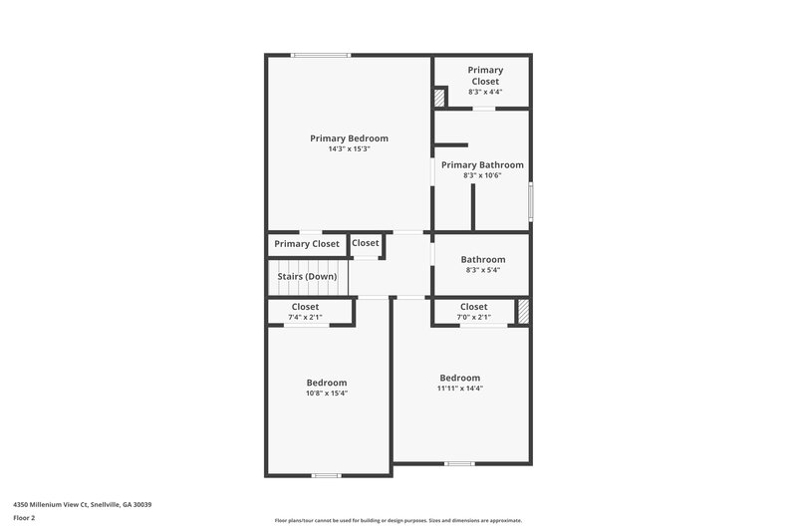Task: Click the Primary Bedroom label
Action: pyautogui.click(x=349, y=138)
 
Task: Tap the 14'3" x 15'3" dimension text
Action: pyautogui.click(x=349, y=149)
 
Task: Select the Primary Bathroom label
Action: pyautogui.click(x=482, y=165)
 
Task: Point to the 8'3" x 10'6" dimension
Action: pyautogui.click(x=482, y=175)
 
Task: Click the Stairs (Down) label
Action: pyautogui.click(x=307, y=276)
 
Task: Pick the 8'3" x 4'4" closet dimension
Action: pyautogui.click(x=485, y=92)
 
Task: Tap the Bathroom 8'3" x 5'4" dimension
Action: pyautogui.click(x=482, y=270)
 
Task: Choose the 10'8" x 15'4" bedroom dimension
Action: pyautogui.click(x=326, y=393)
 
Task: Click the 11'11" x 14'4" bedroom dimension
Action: pyautogui.click(x=460, y=389)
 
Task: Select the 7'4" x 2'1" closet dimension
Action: pyautogui.click(x=305, y=317)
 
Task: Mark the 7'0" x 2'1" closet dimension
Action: pyautogui.click(x=474, y=317)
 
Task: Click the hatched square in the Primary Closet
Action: pyautogui.click(x=439, y=98)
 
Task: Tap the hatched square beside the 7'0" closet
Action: pyautogui.click(x=522, y=311)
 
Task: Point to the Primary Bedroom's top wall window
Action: pyautogui.click(x=321, y=55)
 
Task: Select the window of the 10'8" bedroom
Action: pyautogui.click(x=327, y=475)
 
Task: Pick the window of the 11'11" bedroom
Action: pyautogui.click(x=459, y=463)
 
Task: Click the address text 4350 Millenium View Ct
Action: pyautogui.click(x=82, y=504)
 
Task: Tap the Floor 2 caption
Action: pyautogui.click(x=25, y=518)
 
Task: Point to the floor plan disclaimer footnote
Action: pyautogui.click(x=398, y=520)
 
